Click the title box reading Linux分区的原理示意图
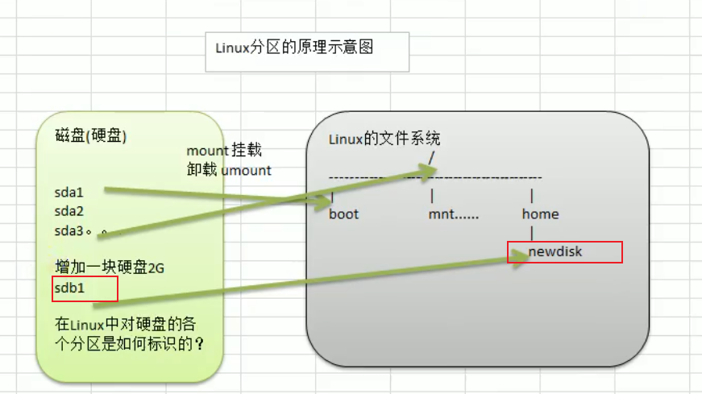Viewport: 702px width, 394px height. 307,51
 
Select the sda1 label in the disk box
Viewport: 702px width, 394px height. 69,193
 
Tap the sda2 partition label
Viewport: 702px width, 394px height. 69,211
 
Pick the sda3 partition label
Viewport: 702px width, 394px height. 69,230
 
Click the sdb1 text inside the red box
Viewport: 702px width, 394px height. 69,288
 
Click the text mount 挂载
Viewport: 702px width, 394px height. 224,151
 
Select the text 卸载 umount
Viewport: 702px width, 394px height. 228,170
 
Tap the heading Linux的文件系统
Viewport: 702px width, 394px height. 385,139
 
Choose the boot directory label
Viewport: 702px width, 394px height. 344,214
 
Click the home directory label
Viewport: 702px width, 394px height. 540,214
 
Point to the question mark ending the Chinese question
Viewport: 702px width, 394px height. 199,342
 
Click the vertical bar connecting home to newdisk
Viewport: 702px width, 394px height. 532,234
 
